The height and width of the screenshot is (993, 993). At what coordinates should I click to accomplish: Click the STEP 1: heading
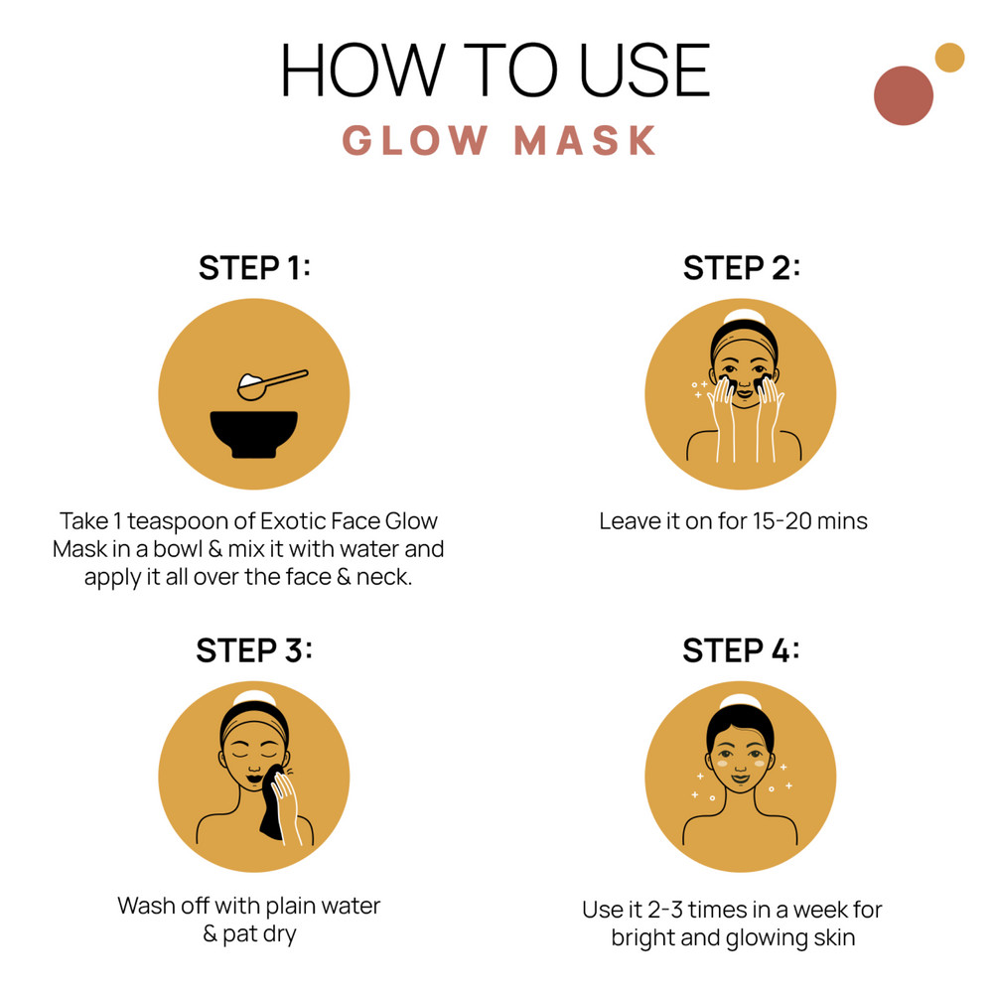coord(254,268)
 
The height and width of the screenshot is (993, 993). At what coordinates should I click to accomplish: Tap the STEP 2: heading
coord(742,268)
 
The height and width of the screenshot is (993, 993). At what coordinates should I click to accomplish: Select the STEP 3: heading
coord(254,650)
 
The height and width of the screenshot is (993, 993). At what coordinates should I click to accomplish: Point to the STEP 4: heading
coord(741,650)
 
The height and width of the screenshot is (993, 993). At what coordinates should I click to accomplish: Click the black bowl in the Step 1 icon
coord(254,434)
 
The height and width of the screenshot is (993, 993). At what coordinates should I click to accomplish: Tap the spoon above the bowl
coord(272,384)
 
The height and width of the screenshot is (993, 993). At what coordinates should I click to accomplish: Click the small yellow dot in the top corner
coord(949,58)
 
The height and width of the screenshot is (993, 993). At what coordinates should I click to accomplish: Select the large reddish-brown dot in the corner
coord(903,95)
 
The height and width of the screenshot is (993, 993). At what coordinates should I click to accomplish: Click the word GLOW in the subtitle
coord(415,141)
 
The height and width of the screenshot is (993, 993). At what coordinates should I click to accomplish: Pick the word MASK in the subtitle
coord(585,141)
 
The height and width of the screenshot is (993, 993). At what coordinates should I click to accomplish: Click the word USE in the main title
coord(644,71)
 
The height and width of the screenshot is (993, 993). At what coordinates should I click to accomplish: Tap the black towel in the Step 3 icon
coord(274,803)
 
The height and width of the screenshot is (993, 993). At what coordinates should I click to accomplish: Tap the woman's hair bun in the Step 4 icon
coord(741,702)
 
